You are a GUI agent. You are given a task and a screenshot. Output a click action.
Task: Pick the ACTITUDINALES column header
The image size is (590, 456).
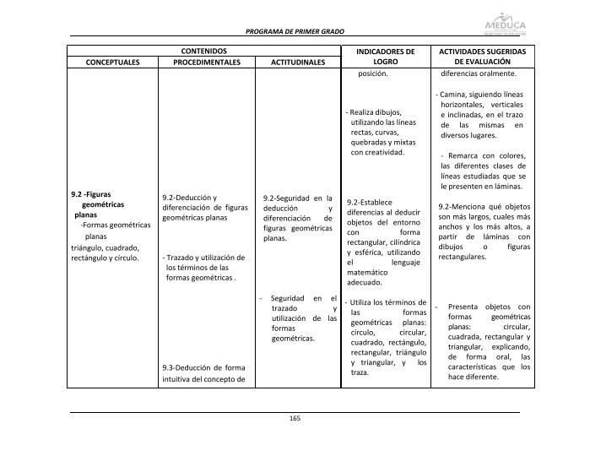tap(297, 62)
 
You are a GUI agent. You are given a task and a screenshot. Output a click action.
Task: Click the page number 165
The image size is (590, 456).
tap(295, 419)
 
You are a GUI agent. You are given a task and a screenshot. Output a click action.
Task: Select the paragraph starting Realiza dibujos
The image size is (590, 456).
tap(382, 133)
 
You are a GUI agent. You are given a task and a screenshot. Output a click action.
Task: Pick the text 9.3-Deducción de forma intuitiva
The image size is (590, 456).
tap(205, 373)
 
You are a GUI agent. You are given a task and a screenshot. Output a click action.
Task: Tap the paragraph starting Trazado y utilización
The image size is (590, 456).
tap(205, 267)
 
